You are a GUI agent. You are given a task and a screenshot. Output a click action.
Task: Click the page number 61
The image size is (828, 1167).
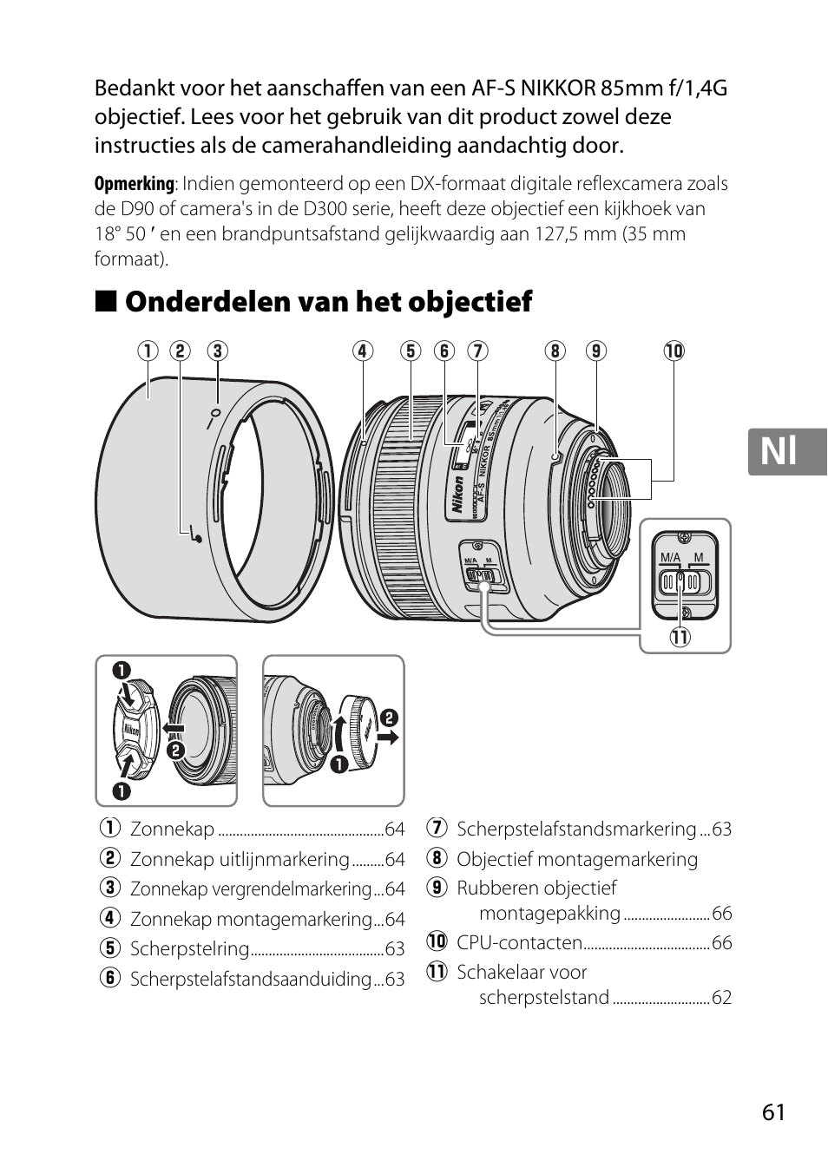pos(774,1112)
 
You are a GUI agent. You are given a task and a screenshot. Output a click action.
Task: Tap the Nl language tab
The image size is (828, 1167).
pos(779,452)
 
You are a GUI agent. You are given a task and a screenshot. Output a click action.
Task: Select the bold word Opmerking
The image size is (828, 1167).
pos(134,184)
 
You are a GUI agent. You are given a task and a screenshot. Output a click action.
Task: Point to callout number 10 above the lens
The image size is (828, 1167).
pos(674,351)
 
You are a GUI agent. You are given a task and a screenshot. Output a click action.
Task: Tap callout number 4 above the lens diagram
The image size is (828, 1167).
pos(362,351)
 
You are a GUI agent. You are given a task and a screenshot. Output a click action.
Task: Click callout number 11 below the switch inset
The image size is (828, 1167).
pos(679,638)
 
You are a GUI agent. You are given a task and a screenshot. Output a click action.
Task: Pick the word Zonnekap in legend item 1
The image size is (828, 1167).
pos(172,829)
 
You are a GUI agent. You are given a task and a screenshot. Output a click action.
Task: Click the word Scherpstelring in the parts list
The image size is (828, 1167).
pos(189,949)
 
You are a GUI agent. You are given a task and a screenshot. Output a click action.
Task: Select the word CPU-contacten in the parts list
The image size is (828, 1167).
pos(519,942)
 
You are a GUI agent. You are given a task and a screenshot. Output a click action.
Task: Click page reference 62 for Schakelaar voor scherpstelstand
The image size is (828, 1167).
pos(721,998)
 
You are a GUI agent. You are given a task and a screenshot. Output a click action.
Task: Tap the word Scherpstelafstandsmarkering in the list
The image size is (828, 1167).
pos(576,829)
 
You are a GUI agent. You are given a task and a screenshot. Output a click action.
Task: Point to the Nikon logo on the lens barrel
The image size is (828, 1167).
pos(457,499)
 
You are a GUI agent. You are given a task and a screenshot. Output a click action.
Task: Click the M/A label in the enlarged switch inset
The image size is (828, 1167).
pos(670,557)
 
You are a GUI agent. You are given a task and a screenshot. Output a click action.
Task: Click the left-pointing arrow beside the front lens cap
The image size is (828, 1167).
pos(174,727)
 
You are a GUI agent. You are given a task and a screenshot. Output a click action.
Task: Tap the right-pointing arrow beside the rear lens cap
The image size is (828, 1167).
pos(388,738)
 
